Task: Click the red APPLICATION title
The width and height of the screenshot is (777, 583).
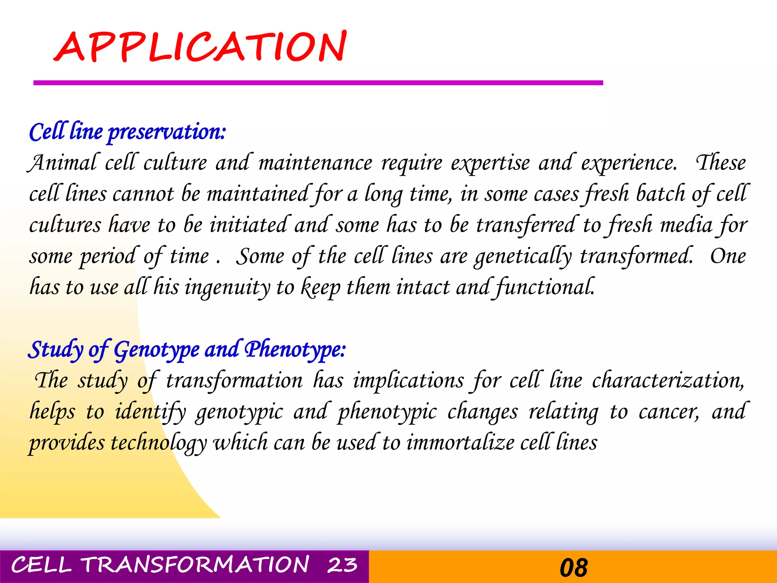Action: [200, 47]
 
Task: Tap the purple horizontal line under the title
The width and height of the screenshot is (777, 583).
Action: [318, 83]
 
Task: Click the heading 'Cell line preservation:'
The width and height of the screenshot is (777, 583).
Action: [127, 132]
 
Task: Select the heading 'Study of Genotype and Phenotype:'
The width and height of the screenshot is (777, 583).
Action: [187, 350]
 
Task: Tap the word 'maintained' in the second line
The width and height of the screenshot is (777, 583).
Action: [257, 194]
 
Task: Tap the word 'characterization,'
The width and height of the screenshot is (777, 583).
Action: [668, 381]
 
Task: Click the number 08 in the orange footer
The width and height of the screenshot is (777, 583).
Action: [573, 567]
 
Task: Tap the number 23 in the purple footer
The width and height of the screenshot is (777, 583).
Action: [342, 565]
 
